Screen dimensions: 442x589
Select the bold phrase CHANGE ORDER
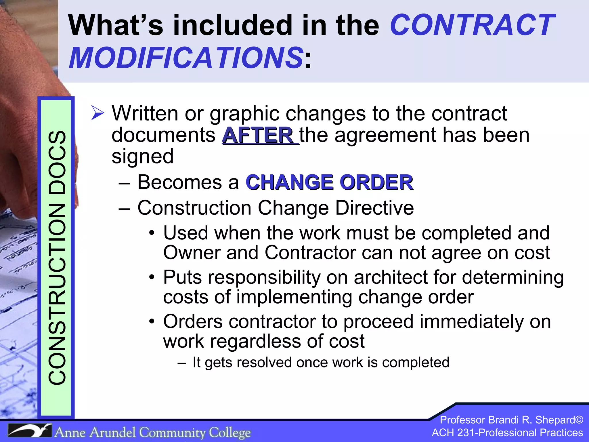[330, 182]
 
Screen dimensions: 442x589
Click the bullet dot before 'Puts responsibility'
[152, 277]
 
